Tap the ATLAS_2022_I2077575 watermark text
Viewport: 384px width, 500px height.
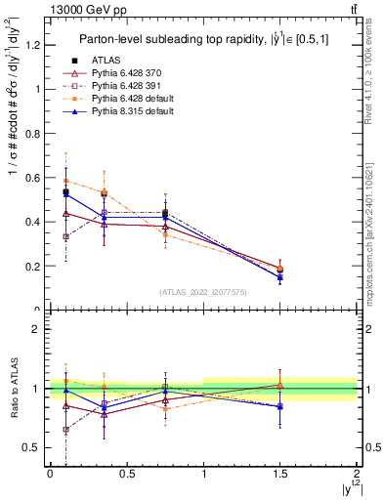202,291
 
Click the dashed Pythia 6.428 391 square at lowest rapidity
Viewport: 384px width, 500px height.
65,236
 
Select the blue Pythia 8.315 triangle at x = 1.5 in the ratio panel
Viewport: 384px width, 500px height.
280,406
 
